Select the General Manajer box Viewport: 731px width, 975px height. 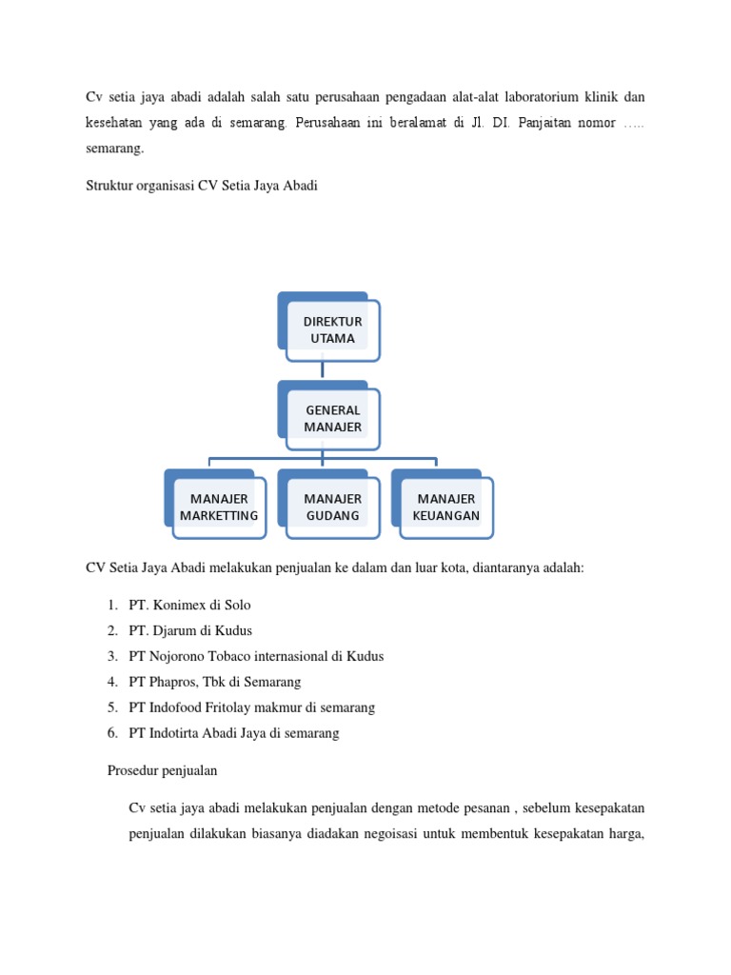(332, 418)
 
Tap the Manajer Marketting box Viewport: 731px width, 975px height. (219, 507)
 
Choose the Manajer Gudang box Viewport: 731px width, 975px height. (332, 507)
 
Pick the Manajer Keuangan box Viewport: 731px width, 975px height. (445, 507)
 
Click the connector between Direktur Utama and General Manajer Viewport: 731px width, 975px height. (323, 368)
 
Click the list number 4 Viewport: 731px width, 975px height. (112, 682)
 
